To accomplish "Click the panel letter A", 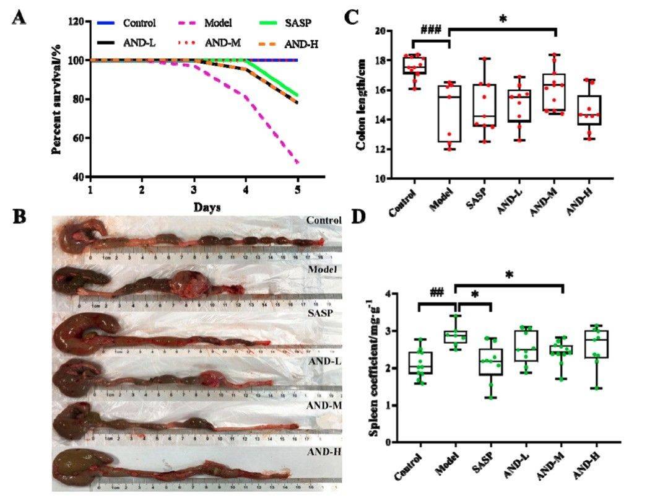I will (20, 17).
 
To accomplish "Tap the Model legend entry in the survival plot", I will (220, 24).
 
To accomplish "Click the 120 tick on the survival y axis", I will (77, 22).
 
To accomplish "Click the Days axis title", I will (207, 206).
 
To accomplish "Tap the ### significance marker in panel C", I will (430, 30).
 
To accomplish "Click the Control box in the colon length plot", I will (414, 65).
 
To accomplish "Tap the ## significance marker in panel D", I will (437, 292).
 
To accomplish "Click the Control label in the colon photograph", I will (323, 221).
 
